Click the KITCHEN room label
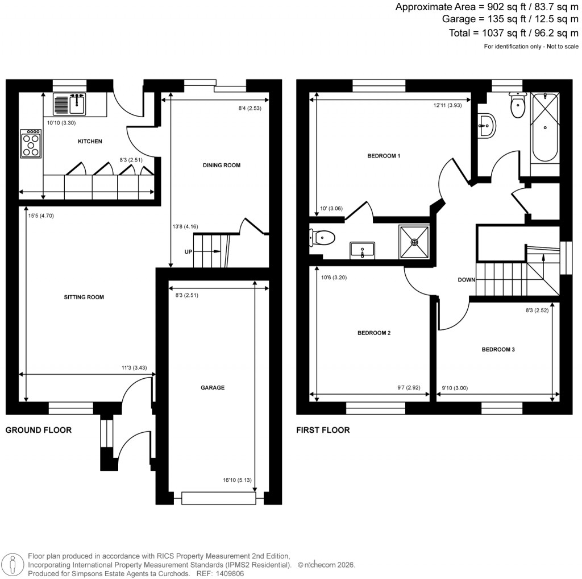click(90, 141)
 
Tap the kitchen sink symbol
click(69, 105)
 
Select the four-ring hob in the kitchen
click(31, 144)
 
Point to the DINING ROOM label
click(222, 166)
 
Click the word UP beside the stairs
click(189, 251)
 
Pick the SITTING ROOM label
click(84, 297)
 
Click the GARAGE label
click(213, 387)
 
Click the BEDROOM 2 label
click(373, 333)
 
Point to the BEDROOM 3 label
click(498, 349)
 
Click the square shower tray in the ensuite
click(414, 241)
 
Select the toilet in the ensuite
click(323, 236)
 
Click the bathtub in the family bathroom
click(544, 134)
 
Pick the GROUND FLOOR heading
click(39, 430)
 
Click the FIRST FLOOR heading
click(323, 430)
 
